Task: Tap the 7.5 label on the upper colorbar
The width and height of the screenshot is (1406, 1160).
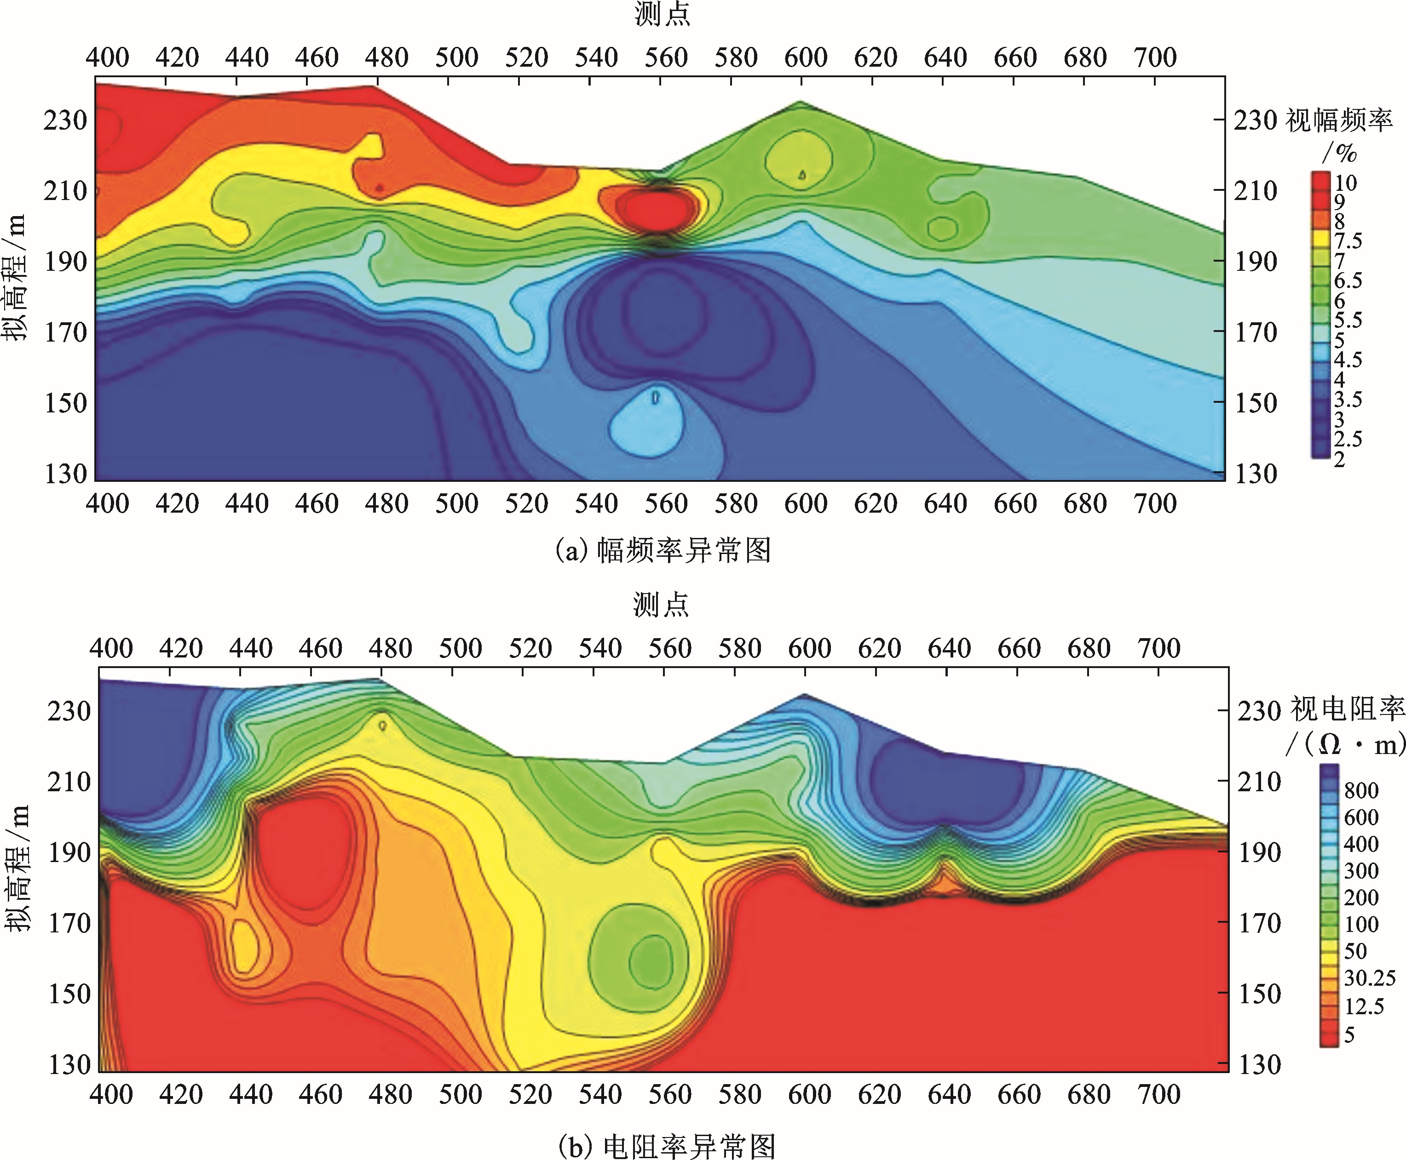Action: coord(1348,240)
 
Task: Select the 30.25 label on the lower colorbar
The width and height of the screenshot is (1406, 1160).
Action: coord(1369,978)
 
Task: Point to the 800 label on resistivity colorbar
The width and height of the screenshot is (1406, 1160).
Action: coord(1361,790)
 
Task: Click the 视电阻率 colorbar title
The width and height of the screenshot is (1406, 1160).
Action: coord(1347,709)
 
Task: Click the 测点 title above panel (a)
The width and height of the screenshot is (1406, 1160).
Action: coord(662,14)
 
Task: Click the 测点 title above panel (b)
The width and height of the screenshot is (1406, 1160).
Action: coord(661,605)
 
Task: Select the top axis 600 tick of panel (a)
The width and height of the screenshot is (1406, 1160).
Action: coord(806,58)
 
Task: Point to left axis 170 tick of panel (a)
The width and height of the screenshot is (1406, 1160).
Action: coord(65,332)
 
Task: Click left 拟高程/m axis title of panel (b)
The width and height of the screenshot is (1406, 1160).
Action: coord(17,868)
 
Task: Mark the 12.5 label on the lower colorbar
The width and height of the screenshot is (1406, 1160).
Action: coord(1364,1006)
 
